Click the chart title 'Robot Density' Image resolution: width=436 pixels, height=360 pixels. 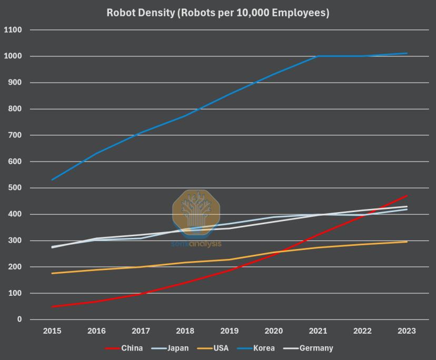pyautogui.click(x=217, y=13)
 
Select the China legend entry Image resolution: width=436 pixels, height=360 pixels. pyautogui.click(x=132, y=348)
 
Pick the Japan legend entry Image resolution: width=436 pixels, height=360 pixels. pyautogui.click(x=177, y=348)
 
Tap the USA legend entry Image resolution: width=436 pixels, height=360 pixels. pyautogui.click(x=221, y=348)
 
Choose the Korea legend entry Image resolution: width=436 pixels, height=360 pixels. pyautogui.click(x=263, y=348)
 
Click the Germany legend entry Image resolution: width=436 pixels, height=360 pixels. pyautogui.click(x=316, y=348)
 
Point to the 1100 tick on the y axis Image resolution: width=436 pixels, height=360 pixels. pyautogui.click(x=13, y=30)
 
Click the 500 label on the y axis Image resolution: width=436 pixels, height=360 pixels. pyautogui.click(x=15, y=188)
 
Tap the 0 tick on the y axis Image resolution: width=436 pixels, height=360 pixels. pyautogui.click(x=19, y=319)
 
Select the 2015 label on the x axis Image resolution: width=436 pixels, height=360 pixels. pyautogui.click(x=52, y=331)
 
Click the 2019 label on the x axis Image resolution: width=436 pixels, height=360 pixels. pyautogui.click(x=230, y=331)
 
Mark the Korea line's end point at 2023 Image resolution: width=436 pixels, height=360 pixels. pyautogui.click(x=407, y=53)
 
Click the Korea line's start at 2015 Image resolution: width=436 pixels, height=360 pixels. pyautogui.click(x=52, y=180)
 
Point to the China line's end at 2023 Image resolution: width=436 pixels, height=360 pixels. pyautogui.click(x=407, y=196)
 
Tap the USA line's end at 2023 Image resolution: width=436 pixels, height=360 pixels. pyautogui.click(x=407, y=242)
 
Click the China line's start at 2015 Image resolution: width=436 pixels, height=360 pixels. pyautogui.click(x=52, y=306)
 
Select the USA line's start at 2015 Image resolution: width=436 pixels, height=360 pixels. pyautogui.click(x=52, y=273)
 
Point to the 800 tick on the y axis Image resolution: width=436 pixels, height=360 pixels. pyautogui.click(x=15, y=109)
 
